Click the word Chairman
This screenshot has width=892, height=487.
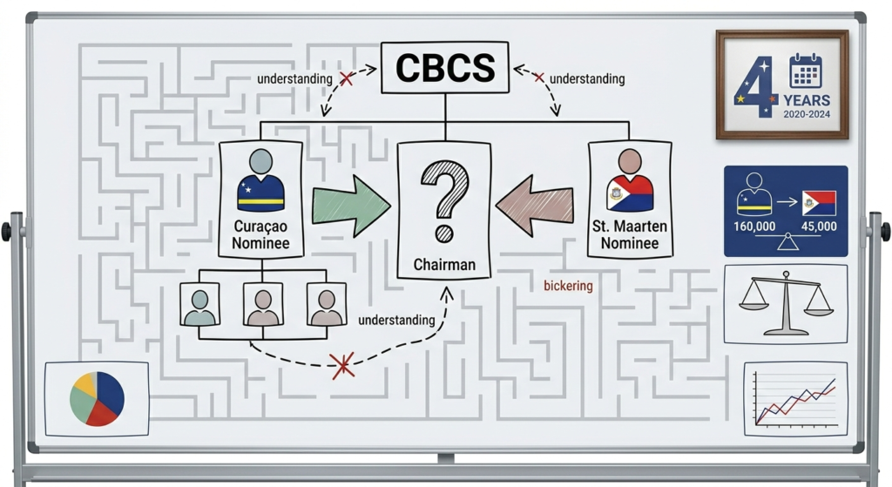(x=444, y=262)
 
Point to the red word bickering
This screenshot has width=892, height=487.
(x=567, y=286)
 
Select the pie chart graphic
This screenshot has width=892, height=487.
(x=97, y=398)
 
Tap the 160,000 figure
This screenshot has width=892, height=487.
(x=754, y=227)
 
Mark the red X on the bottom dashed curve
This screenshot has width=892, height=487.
(x=342, y=364)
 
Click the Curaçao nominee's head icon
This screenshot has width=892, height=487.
(x=260, y=162)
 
